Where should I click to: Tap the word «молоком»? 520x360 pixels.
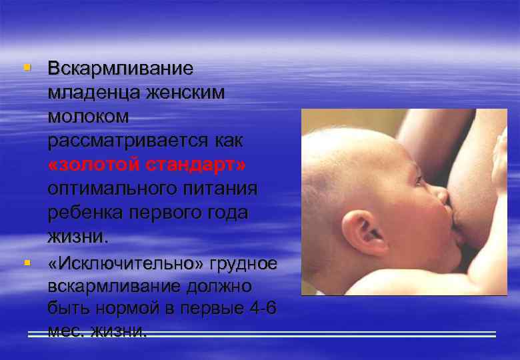point(88,117)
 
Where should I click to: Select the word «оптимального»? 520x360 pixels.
point(114,189)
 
